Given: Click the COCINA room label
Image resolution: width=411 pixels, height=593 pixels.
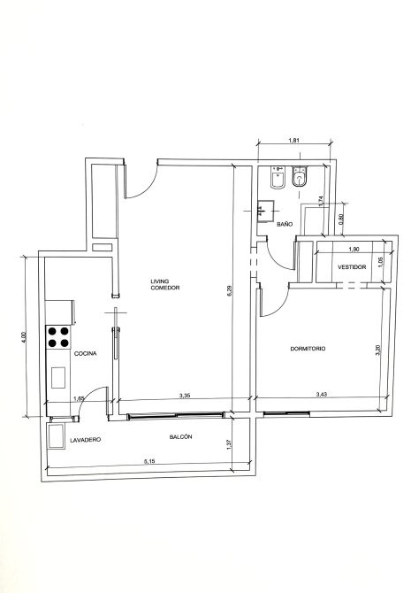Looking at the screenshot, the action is (86, 354).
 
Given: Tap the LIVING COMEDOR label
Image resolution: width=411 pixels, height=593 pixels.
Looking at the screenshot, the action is (165, 284).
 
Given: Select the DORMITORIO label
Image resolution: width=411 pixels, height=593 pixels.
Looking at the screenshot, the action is (308, 349).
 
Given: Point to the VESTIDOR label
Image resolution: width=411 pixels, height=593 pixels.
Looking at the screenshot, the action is (352, 267).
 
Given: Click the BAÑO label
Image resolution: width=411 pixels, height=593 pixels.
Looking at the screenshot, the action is (285, 224).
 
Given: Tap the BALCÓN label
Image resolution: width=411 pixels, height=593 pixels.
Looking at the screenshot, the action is (180, 437).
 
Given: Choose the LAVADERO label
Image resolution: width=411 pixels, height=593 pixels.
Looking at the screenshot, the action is (86, 440).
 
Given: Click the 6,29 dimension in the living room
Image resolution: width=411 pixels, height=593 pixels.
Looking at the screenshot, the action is (230, 290).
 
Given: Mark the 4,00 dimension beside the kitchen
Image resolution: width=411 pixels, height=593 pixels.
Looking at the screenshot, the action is (23, 337).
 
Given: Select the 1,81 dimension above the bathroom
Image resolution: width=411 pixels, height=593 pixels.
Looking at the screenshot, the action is (294, 141).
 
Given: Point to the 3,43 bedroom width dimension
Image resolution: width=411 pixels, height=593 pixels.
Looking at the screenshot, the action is (321, 395).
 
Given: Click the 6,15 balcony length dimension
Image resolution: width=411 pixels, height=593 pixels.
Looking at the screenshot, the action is (149, 461).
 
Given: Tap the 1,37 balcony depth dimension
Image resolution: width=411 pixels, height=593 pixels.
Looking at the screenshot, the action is (228, 444).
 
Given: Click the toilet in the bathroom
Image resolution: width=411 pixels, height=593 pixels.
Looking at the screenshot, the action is (301, 176).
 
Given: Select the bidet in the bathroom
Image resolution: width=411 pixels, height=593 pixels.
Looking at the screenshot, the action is (278, 177).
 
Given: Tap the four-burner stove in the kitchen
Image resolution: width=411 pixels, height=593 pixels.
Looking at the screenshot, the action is (58, 337).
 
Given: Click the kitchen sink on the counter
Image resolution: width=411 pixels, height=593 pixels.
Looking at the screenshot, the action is (58, 377).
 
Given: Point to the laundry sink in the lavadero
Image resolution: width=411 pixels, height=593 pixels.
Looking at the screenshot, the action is (56, 436).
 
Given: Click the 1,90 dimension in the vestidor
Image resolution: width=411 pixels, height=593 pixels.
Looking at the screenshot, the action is (354, 250).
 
